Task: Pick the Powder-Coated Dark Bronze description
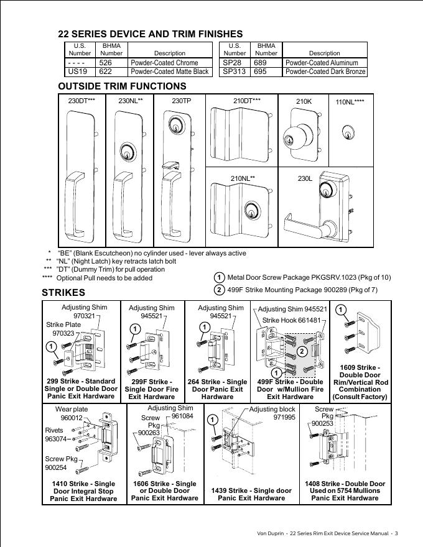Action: tap(325, 72)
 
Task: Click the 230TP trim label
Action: tap(181, 101)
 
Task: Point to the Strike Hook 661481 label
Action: tap(292, 320)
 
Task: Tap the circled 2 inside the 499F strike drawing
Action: tap(301, 351)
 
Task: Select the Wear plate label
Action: tap(72, 410)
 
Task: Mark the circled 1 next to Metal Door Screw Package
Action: tap(219, 278)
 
